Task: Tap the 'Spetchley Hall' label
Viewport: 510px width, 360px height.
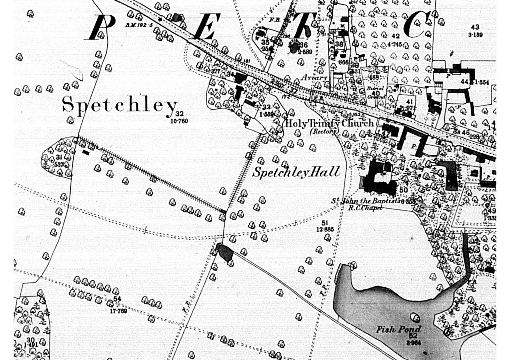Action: coord(296,172)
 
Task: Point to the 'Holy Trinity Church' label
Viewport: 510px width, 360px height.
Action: coord(329,123)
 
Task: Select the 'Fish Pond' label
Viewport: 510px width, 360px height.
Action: coord(398,329)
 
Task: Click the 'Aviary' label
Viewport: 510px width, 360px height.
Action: coord(314,78)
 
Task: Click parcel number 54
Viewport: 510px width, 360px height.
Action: coord(117,299)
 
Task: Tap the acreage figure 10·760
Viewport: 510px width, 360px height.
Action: coord(179,121)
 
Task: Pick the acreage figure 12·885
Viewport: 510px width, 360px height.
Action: coord(325,229)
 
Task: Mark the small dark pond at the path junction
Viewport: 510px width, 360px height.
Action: coord(224,252)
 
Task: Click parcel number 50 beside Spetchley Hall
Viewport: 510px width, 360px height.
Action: coord(403,190)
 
